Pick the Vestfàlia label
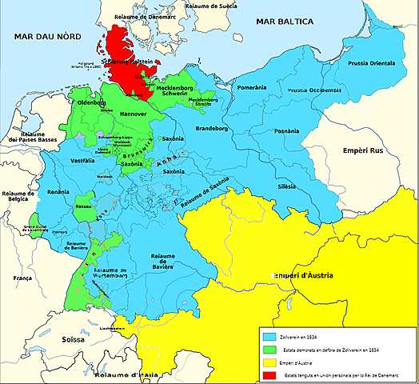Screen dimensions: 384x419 tap(72, 162)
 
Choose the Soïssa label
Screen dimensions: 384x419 tap(75, 340)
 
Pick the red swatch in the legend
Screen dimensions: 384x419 tap(269, 374)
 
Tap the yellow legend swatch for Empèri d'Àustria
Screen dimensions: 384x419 tap(269, 362)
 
